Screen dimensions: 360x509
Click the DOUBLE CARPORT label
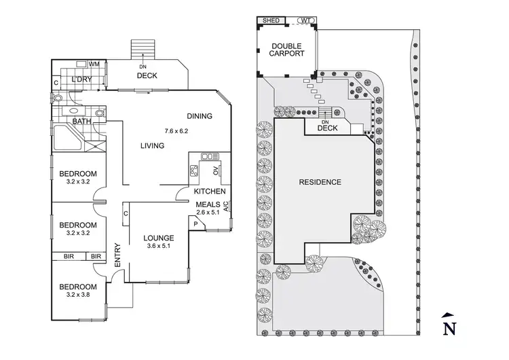[x=286, y=51]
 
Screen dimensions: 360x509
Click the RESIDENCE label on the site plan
[x=320, y=182]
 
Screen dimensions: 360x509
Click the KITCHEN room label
[x=210, y=192]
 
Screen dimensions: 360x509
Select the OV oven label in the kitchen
[x=216, y=170]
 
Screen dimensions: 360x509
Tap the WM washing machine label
[x=94, y=64]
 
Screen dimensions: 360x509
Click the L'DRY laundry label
[x=82, y=80]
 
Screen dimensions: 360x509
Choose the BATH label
[x=82, y=122]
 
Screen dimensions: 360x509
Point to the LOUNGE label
[x=158, y=238]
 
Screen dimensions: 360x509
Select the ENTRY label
[x=117, y=255]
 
